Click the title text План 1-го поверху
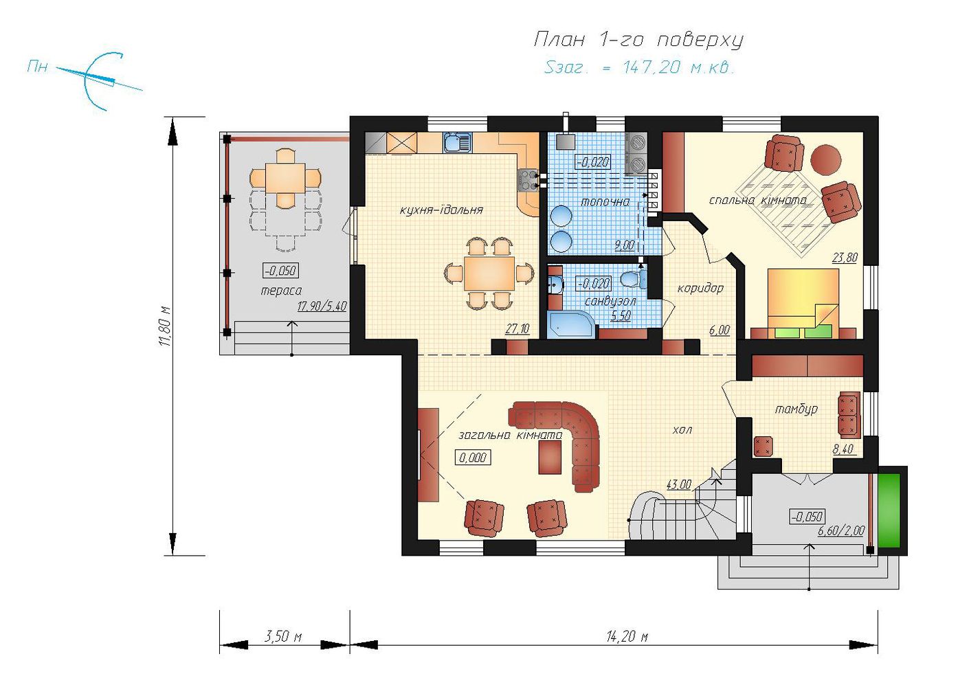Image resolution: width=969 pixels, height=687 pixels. click(x=638, y=40)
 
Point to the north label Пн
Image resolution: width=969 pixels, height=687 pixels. click(x=37, y=67)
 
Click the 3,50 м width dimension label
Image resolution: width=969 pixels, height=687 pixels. click(x=283, y=637)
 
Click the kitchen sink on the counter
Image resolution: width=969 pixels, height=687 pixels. click(x=457, y=142)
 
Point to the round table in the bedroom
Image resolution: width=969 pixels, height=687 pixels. click(x=825, y=160)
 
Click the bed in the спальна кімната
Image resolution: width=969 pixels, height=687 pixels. click(x=803, y=304)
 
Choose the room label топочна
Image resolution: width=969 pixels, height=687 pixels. click(x=605, y=202)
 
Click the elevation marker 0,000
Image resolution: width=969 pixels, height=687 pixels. click(x=473, y=458)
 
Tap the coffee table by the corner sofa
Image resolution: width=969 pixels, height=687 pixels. click(x=550, y=458)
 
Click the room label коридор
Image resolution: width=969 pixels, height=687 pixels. click(x=700, y=288)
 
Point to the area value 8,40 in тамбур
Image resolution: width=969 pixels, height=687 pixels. click(x=843, y=449)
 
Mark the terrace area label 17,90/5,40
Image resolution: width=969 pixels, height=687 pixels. click(x=322, y=306)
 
